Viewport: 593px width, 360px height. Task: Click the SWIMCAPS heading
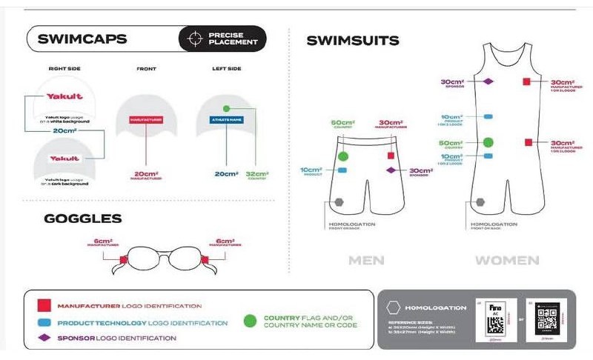pyautogui.click(x=82, y=39)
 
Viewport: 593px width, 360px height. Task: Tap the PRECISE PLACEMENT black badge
pyautogui.click(x=222, y=39)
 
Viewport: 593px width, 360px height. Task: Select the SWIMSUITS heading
pyautogui.click(x=353, y=41)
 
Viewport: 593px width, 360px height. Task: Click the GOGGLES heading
pyautogui.click(x=82, y=219)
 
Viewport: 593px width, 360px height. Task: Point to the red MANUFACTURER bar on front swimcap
pyautogui.click(x=146, y=119)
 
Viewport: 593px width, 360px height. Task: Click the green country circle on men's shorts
pyautogui.click(x=342, y=156)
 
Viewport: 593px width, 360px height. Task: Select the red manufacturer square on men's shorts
pyautogui.click(x=391, y=156)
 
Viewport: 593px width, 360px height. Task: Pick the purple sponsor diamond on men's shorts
pyautogui.click(x=391, y=170)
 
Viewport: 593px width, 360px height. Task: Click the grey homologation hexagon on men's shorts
pyautogui.click(x=339, y=201)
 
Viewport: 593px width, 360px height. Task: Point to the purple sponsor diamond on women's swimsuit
pyautogui.click(x=488, y=81)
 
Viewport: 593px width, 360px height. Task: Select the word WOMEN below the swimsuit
pyautogui.click(x=507, y=261)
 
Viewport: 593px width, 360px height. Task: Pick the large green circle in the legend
pyautogui.click(x=251, y=321)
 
